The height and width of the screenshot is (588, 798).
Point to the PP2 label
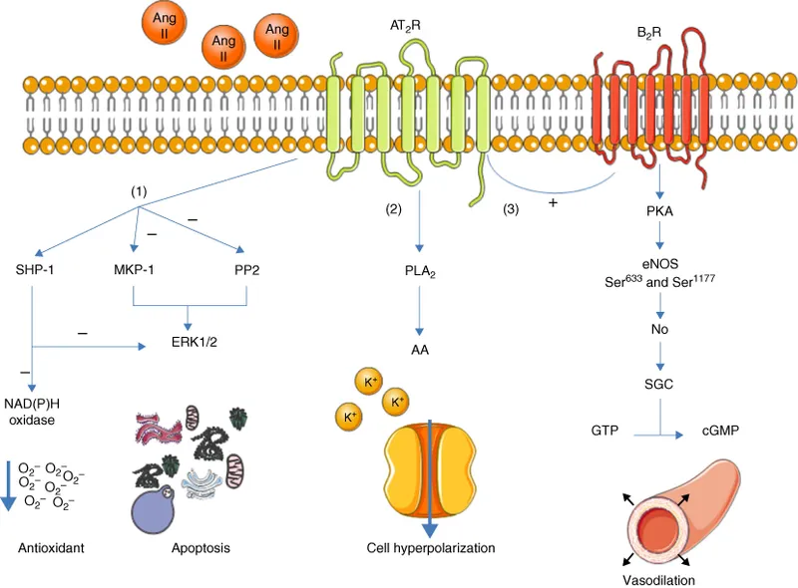pyautogui.click(x=243, y=270)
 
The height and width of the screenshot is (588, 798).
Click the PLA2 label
pyautogui.click(x=418, y=271)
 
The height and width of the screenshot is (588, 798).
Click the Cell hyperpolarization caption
pyautogui.click(x=431, y=547)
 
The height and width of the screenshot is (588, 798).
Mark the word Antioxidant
pyautogui.click(x=50, y=547)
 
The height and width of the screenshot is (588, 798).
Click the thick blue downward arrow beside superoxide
pyautogui.click(x=8, y=483)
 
